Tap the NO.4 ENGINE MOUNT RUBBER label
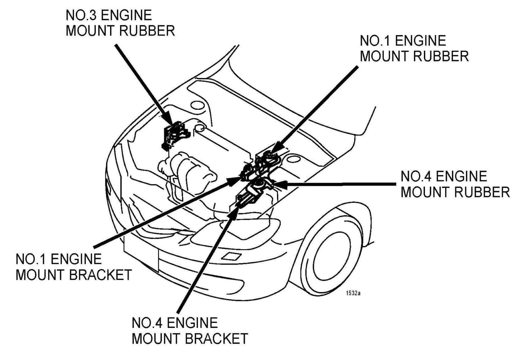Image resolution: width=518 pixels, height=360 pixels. (455, 184)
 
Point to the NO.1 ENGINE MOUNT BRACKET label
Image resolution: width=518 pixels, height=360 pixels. (73, 267)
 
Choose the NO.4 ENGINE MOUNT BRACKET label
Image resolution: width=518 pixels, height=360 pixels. (189, 331)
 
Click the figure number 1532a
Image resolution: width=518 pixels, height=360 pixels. (353, 293)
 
